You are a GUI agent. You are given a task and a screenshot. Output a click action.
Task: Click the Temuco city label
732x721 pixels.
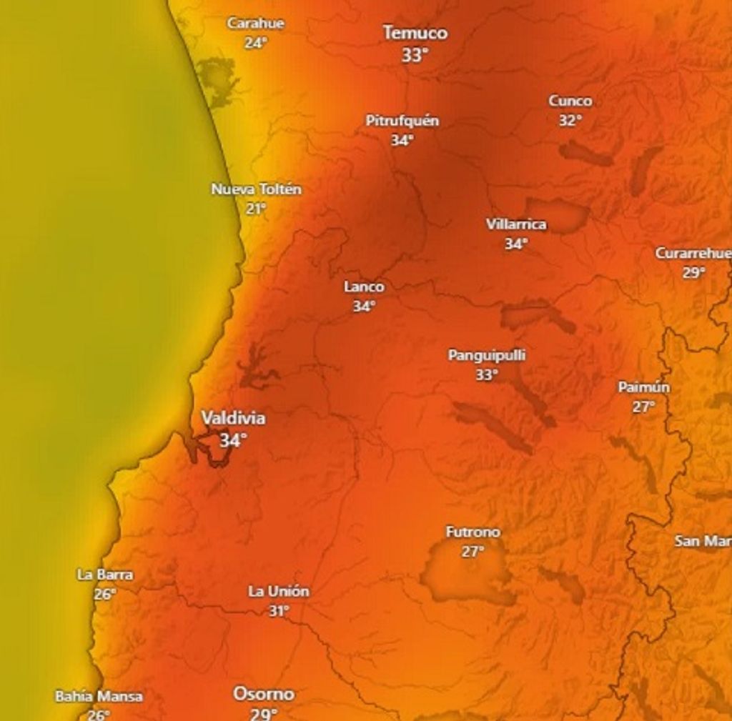coord(415,33)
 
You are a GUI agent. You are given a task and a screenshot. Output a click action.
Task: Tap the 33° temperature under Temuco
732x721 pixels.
coord(414,55)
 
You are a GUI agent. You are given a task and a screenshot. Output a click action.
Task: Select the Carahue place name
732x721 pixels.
coord(255,23)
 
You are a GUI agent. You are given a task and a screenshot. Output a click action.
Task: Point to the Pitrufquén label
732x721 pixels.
coord(402,121)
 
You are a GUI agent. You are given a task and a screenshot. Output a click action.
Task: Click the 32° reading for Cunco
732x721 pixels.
coord(570,120)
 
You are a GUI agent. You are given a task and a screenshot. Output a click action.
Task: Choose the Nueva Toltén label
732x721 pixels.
coord(256,189)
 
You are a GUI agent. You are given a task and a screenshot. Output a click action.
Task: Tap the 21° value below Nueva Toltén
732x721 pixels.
coord(255,208)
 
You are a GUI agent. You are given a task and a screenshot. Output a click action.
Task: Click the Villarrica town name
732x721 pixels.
coord(516,224)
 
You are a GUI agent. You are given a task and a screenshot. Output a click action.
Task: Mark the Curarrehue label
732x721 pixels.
coord(693,253)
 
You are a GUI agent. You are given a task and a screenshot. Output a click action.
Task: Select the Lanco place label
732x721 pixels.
coord(364,287)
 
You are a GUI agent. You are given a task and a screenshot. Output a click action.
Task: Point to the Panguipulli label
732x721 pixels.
coord(486,355)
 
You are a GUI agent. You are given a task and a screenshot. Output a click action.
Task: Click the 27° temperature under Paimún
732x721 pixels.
coord(643,406)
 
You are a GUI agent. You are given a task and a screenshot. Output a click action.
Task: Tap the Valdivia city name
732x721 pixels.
coord(233,418)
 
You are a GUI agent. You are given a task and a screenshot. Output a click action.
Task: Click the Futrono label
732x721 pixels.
coord(473,532)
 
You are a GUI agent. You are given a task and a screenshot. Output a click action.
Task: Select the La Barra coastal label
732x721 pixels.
coord(104,575)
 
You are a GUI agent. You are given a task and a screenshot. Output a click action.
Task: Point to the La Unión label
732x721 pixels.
coord(279,592)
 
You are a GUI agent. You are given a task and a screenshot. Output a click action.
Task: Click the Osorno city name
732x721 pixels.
coord(263,694)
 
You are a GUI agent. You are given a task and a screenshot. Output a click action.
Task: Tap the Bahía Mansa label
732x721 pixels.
coord(99,696)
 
